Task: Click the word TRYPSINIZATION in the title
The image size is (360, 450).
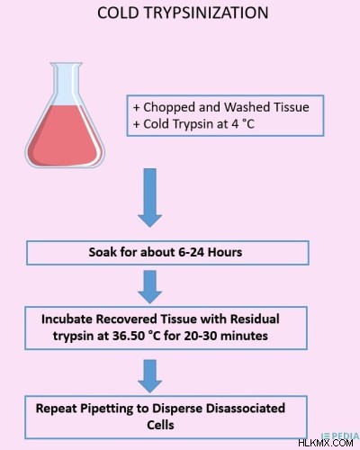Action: coord(206,13)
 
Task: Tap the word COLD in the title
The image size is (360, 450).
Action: coord(118,13)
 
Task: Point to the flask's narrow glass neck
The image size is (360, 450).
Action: coord(66,81)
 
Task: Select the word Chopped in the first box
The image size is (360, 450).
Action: coord(169,107)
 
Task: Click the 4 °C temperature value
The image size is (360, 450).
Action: coord(243,124)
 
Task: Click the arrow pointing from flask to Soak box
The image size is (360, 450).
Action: coord(150,198)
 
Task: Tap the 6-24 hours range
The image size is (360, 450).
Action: coord(211,252)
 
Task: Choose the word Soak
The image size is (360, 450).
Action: coord(103,252)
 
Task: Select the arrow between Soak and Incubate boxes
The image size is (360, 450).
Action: coord(150,287)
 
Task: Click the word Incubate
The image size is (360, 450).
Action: coord(67,319)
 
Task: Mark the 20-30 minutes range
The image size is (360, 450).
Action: coord(226,336)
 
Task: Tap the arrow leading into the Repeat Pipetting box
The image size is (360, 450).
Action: coord(150,376)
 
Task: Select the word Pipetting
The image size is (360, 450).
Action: coord(106,409)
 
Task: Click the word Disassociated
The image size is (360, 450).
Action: coord(246,409)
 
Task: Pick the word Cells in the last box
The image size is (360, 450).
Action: coord(160,425)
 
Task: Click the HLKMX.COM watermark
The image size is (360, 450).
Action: coord(326,443)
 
